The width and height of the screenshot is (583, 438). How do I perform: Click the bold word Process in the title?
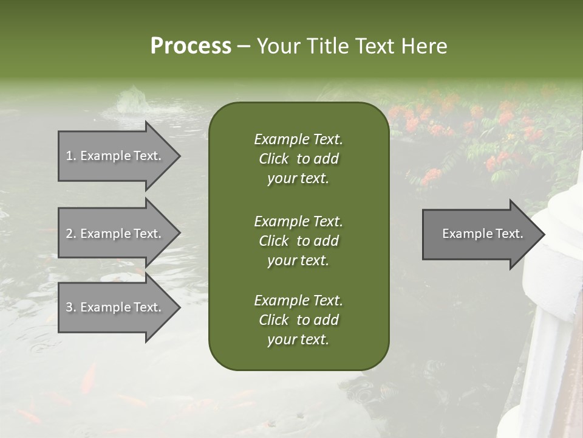[x=191, y=46]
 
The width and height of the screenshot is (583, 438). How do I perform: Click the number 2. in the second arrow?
[x=71, y=234]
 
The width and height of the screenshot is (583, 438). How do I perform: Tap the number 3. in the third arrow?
[x=71, y=307]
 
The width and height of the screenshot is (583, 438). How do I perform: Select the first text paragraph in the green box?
[x=298, y=159]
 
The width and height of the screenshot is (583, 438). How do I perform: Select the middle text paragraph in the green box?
[x=298, y=241]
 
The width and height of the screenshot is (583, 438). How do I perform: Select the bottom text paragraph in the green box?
[x=298, y=320]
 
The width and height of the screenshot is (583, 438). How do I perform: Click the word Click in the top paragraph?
[x=273, y=159]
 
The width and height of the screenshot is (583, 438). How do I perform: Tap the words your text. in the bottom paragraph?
[x=298, y=339]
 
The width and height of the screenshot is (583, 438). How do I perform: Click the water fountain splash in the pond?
[x=131, y=101]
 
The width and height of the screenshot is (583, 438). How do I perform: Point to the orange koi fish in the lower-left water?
[x=89, y=377]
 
